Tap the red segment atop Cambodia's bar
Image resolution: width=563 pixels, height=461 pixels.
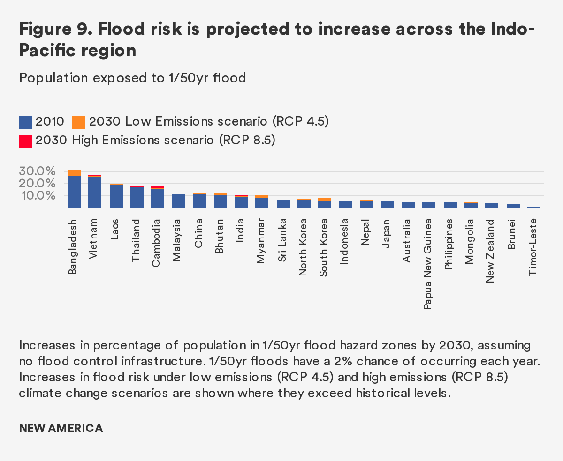click(x=158, y=187)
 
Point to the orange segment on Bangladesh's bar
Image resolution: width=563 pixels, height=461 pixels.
click(x=74, y=173)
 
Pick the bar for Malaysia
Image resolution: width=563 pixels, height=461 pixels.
click(x=178, y=201)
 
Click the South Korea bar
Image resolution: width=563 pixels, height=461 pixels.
click(x=325, y=203)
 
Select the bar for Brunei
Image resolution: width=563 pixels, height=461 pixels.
click(x=513, y=206)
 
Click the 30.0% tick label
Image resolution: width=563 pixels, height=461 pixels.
click(x=37, y=171)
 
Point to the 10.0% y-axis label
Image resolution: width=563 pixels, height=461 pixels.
click(x=37, y=195)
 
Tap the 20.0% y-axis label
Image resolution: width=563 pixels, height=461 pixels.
click(x=37, y=183)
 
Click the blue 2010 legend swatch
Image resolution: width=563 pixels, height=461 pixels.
click(x=25, y=122)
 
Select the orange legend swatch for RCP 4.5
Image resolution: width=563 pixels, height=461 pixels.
click(x=79, y=122)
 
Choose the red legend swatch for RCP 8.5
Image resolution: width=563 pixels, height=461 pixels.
click(x=25, y=141)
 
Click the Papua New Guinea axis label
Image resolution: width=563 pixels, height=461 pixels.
click(x=428, y=264)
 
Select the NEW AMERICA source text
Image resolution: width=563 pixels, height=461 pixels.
click(x=61, y=428)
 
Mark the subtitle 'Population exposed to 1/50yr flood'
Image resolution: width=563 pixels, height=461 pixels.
click(x=133, y=78)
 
